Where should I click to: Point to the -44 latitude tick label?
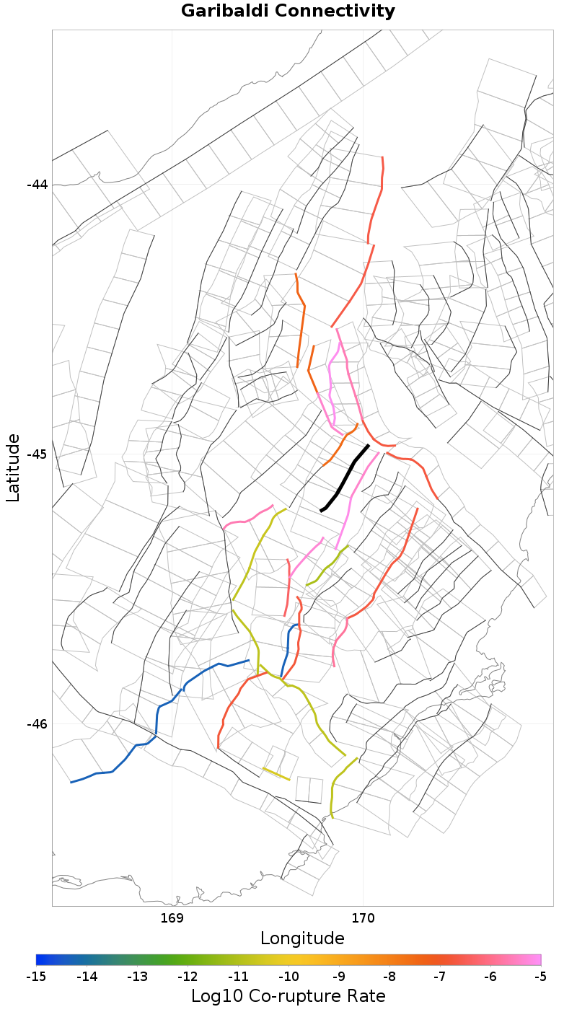[x=37, y=185]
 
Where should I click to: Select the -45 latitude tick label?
[x=37, y=454]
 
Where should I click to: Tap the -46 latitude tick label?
[x=37, y=724]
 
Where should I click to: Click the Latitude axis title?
[x=13, y=467]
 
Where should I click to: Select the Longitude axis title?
[x=302, y=938]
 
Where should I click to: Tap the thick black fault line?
[x=345, y=479]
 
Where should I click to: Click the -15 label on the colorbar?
[x=36, y=977]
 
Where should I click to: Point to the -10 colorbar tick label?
[x=288, y=977]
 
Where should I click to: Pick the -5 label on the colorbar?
[x=540, y=977]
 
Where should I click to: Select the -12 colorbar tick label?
[x=188, y=977]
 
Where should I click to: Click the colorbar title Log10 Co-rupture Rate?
[x=288, y=996]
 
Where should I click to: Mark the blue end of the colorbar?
[x=40, y=959]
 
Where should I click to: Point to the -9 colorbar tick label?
[x=339, y=977]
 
